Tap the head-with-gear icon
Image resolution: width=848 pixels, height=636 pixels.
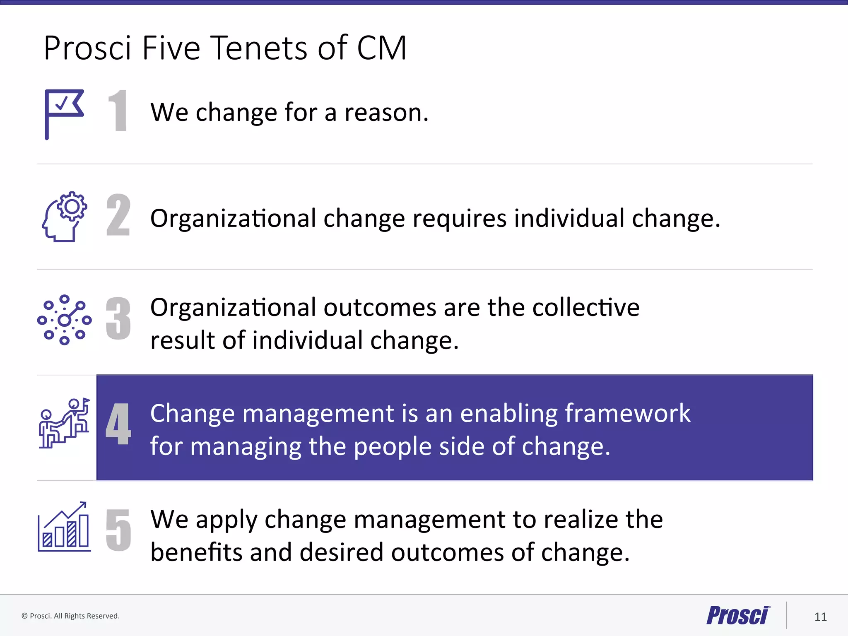click(x=65, y=217)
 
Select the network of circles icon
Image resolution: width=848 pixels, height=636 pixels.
click(x=64, y=320)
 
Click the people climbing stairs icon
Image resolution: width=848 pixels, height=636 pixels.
click(x=64, y=423)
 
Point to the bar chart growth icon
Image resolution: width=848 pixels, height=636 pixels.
click(x=64, y=527)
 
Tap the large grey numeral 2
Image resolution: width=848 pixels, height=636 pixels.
click(x=118, y=215)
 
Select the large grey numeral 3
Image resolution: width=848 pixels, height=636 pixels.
click(x=118, y=318)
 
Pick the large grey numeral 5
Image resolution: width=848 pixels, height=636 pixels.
click(x=118, y=530)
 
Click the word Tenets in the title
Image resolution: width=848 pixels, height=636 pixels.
click(x=260, y=48)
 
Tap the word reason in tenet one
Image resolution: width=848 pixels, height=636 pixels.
click(x=386, y=113)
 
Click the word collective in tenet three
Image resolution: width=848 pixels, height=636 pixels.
click(x=585, y=308)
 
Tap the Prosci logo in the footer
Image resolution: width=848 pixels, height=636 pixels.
click(x=738, y=615)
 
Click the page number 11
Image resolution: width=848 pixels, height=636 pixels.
click(x=820, y=617)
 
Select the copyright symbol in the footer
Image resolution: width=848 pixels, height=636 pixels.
click(x=24, y=616)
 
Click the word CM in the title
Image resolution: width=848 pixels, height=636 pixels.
click(x=382, y=48)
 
